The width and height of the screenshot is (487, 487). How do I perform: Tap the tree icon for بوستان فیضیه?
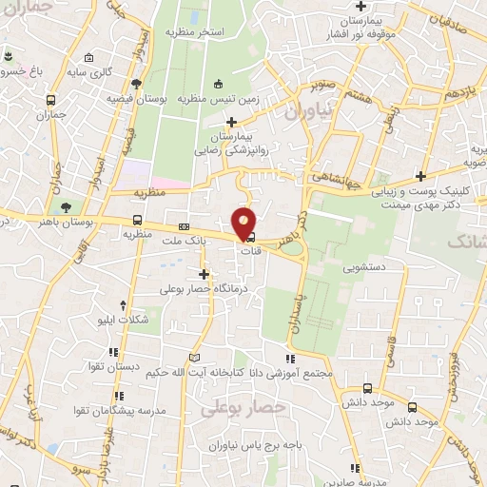(139, 82)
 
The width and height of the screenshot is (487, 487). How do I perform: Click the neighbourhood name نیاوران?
(307, 111)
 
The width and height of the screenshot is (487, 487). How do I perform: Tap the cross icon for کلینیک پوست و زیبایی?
(421, 176)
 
